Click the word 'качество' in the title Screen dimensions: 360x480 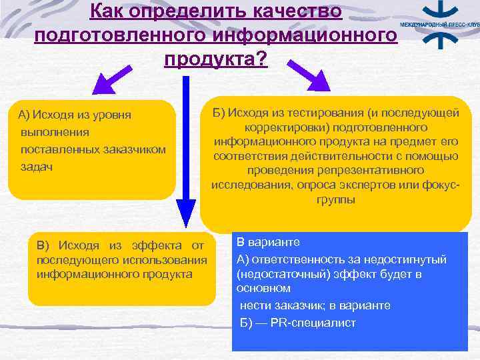295,11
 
